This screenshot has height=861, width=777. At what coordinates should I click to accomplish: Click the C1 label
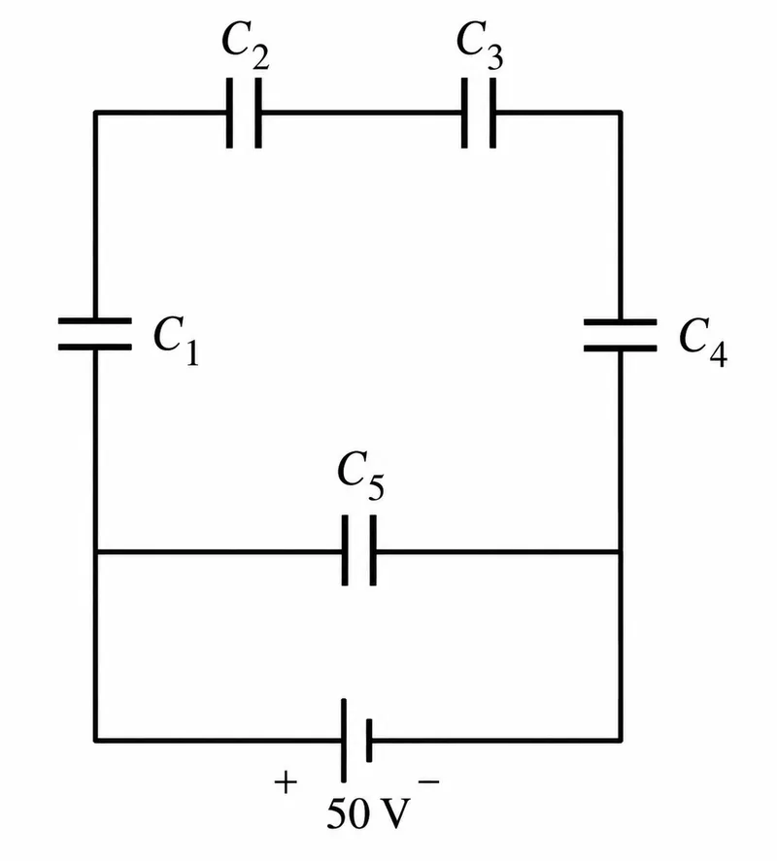pyautogui.click(x=176, y=341)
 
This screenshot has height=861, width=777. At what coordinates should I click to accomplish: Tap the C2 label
pyautogui.click(x=245, y=46)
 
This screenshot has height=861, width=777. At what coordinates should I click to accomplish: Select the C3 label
pyautogui.click(x=480, y=46)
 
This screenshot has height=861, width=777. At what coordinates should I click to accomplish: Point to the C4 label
pyautogui.click(x=703, y=342)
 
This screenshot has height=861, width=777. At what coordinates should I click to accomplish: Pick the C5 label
pyautogui.click(x=361, y=476)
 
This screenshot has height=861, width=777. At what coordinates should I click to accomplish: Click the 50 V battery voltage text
pyautogui.click(x=368, y=813)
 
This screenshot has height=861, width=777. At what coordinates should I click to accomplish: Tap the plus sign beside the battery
pyautogui.click(x=286, y=782)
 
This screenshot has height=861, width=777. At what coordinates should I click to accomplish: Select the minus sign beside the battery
pyautogui.click(x=429, y=780)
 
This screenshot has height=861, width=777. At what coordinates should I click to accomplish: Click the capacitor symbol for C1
pyautogui.click(x=95, y=333)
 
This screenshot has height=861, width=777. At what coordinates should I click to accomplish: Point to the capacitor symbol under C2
pyautogui.click(x=244, y=114)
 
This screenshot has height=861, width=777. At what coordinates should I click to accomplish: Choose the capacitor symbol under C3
pyautogui.click(x=479, y=114)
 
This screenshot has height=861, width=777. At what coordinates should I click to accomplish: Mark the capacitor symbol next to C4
pyautogui.click(x=621, y=335)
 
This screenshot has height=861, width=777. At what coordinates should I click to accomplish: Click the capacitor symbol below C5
pyautogui.click(x=359, y=550)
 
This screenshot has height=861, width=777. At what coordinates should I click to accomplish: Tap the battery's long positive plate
pyautogui.click(x=344, y=741)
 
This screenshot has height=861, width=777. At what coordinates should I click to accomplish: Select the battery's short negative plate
pyautogui.click(x=369, y=741)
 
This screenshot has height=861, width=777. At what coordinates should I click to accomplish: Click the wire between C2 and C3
pyautogui.click(x=361, y=114)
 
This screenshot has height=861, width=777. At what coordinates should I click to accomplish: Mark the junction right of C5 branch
pyautogui.click(x=621, y=551)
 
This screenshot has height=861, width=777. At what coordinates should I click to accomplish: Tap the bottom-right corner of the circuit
pyautogui.click(x=621, y=741)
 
